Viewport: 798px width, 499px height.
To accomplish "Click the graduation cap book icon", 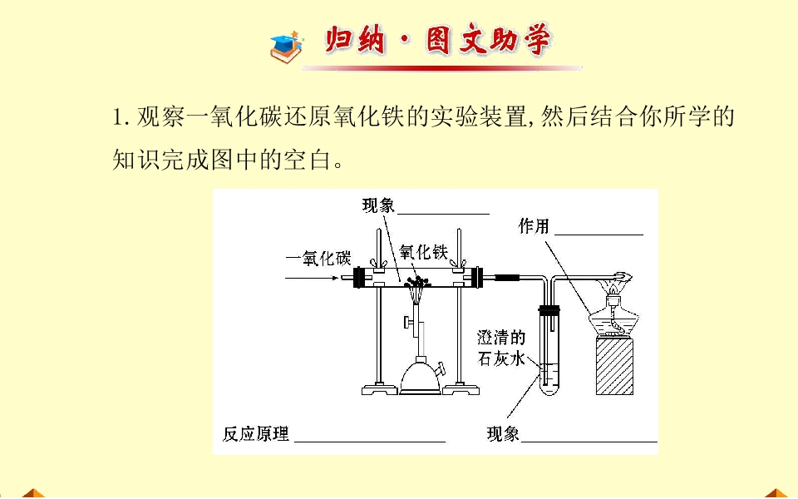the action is coord(287,47).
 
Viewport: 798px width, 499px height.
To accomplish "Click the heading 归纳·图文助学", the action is coord(438,40).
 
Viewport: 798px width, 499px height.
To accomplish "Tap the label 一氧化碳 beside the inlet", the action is coord(318,259).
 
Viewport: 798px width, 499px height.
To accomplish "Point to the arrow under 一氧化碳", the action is coord(312,278).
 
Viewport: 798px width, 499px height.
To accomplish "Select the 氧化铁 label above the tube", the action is coord(423,252).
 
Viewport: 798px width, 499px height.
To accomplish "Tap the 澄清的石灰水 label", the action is coord(500,348).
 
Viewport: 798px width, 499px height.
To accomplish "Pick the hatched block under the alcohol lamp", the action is coord(615,366).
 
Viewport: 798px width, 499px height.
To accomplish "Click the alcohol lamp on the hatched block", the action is coord(614,317).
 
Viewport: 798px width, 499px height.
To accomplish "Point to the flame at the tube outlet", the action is coord(623,279).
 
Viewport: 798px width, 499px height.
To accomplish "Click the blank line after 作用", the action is coord(598,235).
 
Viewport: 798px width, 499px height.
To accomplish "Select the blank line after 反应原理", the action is coord(370,442).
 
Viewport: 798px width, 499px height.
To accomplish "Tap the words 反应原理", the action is coord(256,434).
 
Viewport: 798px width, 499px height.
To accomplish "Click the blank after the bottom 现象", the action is coord(589,442).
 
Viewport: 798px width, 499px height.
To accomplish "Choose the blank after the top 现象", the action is coord(443,214).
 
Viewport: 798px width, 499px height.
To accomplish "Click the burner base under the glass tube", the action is coord(420,376).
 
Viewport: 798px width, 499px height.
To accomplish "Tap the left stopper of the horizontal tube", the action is coord(359,278).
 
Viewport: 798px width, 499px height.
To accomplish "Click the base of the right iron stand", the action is coord(460,389).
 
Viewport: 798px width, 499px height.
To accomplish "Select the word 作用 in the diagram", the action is coord(534,226).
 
